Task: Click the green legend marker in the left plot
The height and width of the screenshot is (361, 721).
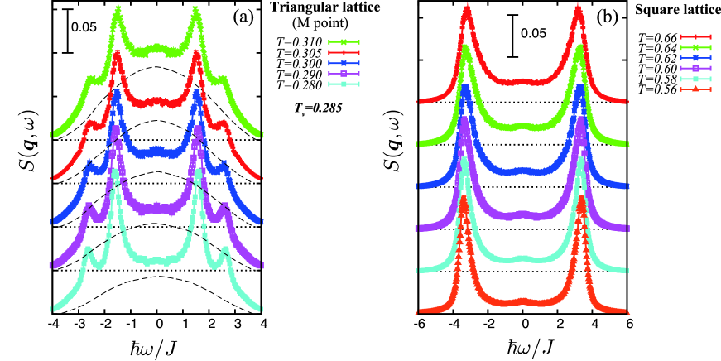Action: (344, 42)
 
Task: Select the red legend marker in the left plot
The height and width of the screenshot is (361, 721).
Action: (344, 52)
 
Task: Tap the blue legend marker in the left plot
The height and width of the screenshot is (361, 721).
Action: (344, 63)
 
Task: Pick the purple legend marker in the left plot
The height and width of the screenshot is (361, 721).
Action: (344, 74)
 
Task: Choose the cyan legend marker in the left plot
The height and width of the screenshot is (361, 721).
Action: (344, 84)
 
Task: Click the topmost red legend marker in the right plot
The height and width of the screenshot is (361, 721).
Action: (695, 36)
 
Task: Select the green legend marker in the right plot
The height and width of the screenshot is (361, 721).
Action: (695, 47)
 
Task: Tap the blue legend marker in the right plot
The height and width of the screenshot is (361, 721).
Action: (695, 58)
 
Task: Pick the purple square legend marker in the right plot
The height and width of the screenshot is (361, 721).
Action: (695, 68)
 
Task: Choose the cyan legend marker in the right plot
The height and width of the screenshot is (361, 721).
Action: (695, 79)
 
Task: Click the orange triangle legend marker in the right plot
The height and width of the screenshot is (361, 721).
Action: (695, 89)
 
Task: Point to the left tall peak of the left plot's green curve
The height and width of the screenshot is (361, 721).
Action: (118, 12)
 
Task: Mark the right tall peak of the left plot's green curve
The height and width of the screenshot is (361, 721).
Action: (195, 12)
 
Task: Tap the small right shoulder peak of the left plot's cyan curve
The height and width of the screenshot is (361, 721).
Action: (226, 252)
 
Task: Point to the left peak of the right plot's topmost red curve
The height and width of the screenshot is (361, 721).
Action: (467, 10)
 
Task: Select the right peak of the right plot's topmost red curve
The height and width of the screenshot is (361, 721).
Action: (578, 10)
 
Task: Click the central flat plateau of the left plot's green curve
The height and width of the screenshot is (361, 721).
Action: (156, 50)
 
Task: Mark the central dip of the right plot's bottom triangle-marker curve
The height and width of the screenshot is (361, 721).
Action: (522, 302)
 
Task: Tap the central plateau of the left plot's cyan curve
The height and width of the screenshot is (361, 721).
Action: (156, 261)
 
